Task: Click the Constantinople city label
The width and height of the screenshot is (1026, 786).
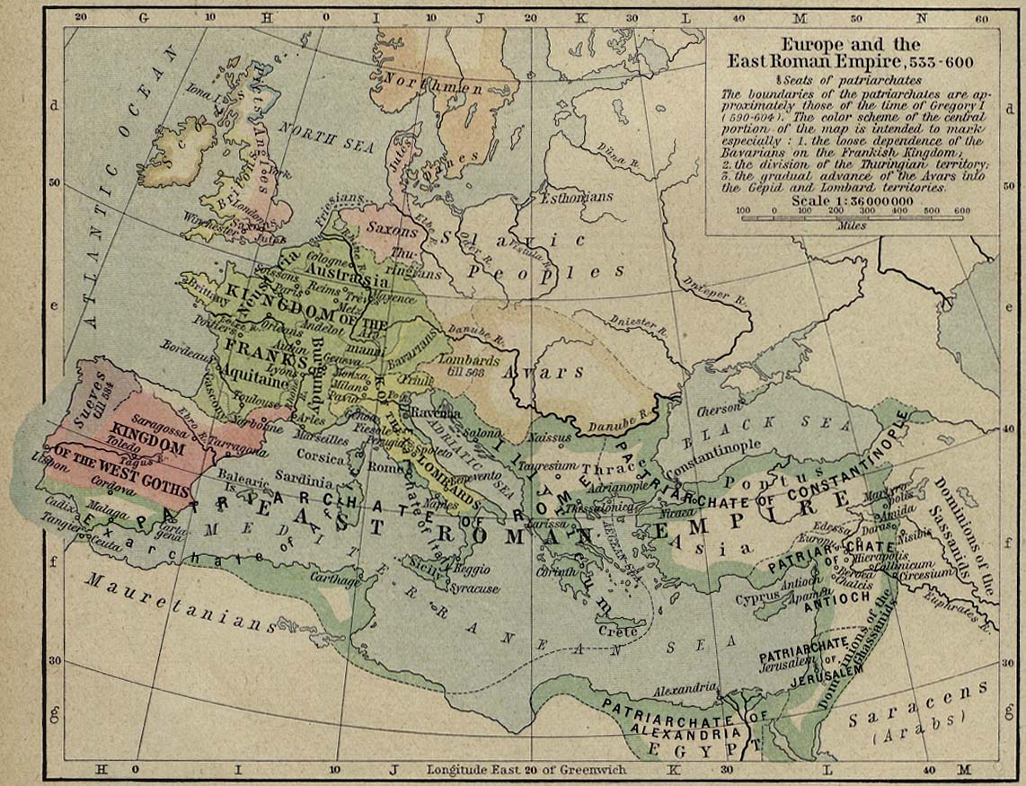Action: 717,446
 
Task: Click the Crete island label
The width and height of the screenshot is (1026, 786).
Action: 623,631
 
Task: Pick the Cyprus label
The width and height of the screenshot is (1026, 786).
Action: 756,596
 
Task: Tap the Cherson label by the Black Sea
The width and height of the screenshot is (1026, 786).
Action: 717,405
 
